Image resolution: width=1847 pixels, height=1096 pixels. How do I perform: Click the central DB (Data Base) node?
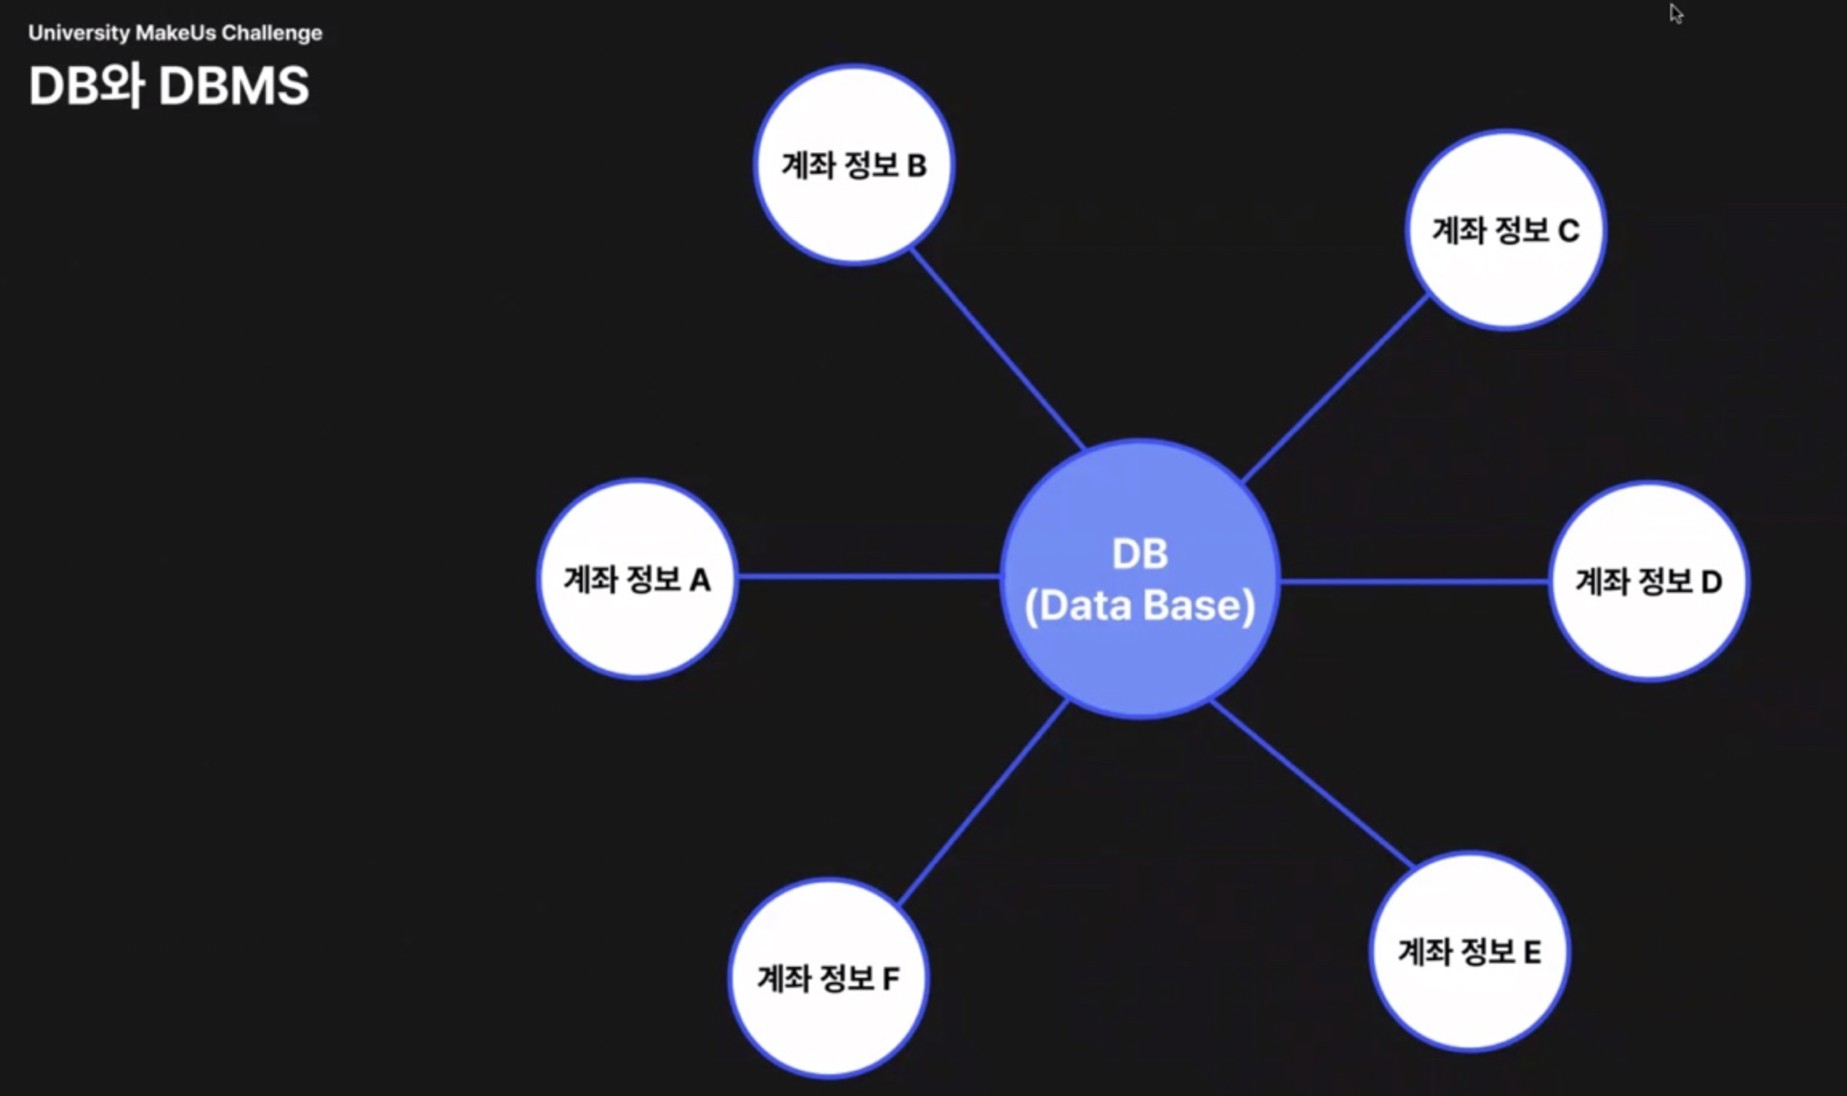(1140, 578)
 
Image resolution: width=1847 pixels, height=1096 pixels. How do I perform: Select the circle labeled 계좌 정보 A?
(637, 579)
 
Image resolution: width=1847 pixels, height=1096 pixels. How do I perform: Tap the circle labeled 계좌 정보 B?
(854, 165)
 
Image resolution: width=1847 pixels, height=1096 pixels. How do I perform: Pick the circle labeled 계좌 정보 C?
(1506, 230)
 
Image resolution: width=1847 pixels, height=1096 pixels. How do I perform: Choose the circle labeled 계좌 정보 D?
(1649, 581)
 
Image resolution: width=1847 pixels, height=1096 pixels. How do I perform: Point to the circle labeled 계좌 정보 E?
(1469, 951)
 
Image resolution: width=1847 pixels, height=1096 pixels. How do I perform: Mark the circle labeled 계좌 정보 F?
(828, 977)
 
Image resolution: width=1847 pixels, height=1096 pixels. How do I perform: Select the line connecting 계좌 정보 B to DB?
(997, 349)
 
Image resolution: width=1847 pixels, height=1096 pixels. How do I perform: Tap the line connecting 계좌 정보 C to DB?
(1336, 389)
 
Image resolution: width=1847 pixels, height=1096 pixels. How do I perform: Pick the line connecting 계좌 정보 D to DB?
(1414, 581)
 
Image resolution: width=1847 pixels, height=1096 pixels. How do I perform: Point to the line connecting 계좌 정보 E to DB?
(1312, 783)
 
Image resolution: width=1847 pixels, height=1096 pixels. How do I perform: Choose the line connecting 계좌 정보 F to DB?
(983, 803)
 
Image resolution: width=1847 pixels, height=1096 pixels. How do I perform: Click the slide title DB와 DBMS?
(169, 85)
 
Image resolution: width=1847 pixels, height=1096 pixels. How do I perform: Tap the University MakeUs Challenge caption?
(175, 33)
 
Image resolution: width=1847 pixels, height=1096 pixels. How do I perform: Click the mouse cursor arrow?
(1676, 13)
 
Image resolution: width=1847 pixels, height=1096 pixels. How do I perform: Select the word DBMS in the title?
(233, 85)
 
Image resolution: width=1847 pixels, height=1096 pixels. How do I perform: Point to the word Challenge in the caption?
(271, 33)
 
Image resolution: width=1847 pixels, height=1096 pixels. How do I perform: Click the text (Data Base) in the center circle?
(1140, 606)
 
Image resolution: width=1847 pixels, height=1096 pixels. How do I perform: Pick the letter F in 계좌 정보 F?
(891, 978)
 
